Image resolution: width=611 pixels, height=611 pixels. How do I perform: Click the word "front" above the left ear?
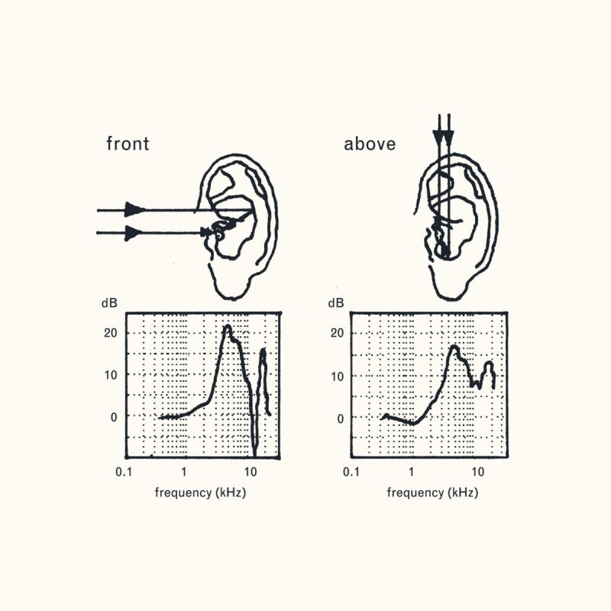click(x=128, y=144)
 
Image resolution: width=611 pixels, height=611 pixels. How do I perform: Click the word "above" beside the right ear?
click(x=370, y=144)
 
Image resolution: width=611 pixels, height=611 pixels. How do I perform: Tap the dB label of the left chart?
click(x=109, y=303)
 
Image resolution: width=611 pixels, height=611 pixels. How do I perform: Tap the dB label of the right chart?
click(x=336, y=303)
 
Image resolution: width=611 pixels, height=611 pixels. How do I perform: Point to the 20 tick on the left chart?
click(x=111, y=333)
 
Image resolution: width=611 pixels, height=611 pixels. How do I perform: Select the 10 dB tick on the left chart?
click(x=111, y=375)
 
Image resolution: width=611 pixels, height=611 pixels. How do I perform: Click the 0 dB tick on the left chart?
click(x=114, y=417)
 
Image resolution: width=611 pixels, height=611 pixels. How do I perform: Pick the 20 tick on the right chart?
click(x=338, y=333)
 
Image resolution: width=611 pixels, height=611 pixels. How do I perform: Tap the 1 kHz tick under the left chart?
click(x=186, y=472)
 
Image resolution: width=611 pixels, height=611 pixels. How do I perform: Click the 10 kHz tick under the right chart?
click(x=478, y=472)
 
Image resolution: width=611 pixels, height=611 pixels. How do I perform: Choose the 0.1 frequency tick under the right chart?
click(x=351, y=472)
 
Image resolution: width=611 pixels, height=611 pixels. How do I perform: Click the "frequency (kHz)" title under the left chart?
click(x=201, y=493)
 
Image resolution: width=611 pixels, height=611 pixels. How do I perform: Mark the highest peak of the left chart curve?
click(x=227, y=328)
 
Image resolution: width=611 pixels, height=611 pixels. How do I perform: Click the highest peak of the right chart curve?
click(x=454, y=348)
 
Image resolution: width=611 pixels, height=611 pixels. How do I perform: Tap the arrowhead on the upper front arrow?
click(x=134, y=209)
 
